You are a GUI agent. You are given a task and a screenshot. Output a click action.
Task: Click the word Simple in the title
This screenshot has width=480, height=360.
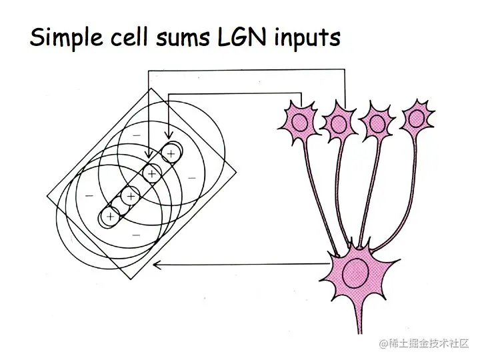click(x=66, y=38)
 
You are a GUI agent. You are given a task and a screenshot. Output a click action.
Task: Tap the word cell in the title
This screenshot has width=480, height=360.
click(x=129, y=37)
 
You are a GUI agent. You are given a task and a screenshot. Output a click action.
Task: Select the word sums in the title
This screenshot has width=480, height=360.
click(x=183, y=39)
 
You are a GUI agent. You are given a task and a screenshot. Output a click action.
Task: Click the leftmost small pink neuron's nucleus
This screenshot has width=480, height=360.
click(x=300, y=122)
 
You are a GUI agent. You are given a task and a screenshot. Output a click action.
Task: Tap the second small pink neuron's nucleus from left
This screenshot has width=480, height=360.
click(x=339, y=124)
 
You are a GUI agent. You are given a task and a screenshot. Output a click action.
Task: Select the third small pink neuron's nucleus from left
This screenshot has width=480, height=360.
click(x=377, y=124)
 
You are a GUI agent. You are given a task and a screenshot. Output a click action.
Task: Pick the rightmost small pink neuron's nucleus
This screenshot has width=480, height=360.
click(x=416, y=118)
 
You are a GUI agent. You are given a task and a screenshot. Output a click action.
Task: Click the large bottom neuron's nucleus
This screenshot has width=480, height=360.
click(x=356, y=273)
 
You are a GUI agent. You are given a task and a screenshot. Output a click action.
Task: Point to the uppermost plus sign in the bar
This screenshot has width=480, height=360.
click(x=171, y=153)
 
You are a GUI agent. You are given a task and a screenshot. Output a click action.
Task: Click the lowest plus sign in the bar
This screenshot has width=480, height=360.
click(x=110, y=217)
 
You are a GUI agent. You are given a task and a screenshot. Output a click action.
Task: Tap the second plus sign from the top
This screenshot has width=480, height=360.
click(x=152, y=174)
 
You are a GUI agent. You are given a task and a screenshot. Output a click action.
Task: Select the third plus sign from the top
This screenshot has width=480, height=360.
click(x=131, y=196)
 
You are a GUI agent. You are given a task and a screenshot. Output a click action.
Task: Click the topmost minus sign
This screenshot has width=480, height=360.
click(x=137, y=135)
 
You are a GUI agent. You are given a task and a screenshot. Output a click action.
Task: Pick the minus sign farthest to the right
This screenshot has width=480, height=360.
click(x=191, y=178)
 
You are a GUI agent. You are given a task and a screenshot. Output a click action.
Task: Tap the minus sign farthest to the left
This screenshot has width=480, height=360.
click(x=89, y=195)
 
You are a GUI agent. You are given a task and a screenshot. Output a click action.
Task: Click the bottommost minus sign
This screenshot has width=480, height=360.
click(x=136, y=235)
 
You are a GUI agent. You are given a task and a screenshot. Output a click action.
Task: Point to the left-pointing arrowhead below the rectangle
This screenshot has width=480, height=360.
click(x=157, y=265)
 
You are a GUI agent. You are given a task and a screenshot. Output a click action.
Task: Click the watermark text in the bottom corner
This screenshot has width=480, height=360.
click(x=424, y=343)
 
